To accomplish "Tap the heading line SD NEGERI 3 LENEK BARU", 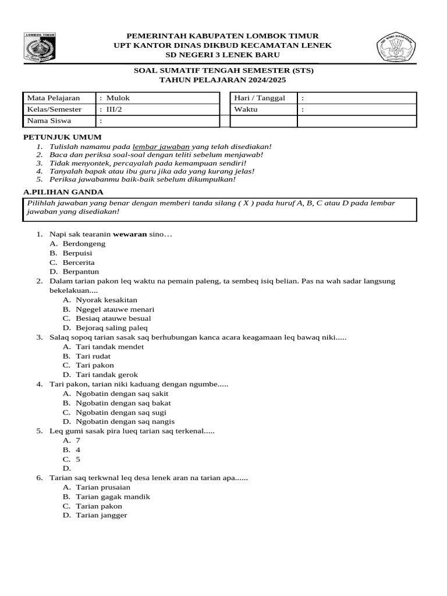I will pyautogui.click(x=223, y=55).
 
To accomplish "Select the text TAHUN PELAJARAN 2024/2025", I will pyautogui.click(x=223, y=80).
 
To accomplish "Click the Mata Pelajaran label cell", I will pyautogui.click(x=59, y=98).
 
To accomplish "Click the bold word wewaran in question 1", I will pyautogui.click(x=130, y=234).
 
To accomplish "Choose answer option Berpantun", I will pyautogui.click(x=81, y=271).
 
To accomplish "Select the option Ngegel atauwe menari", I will pyautogui.click(x=115, y=309).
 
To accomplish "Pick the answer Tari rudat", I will pyautogui.click(x=93, y=356).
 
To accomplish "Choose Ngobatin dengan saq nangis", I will pyautogui.click(x=125, y=421).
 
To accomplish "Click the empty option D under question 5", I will pyautogui.click(x=67, y=468).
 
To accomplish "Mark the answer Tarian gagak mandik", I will pyautogui.click(x=113, y=496).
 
